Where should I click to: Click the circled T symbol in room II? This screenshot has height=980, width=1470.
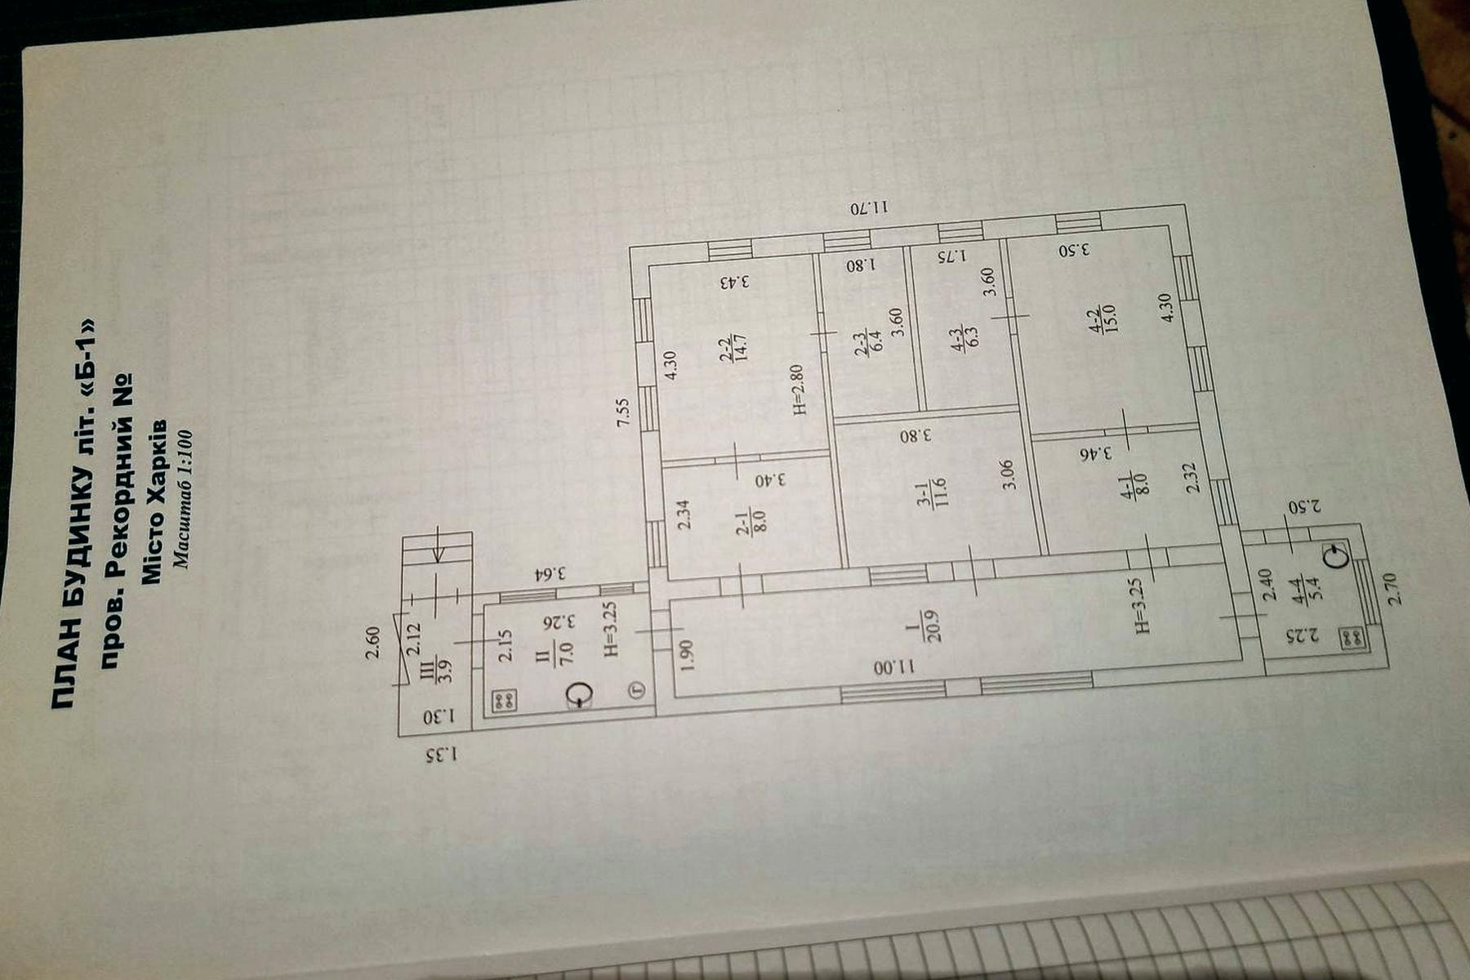coord(638,689)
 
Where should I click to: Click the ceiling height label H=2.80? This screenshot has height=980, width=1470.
coord(799,389)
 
